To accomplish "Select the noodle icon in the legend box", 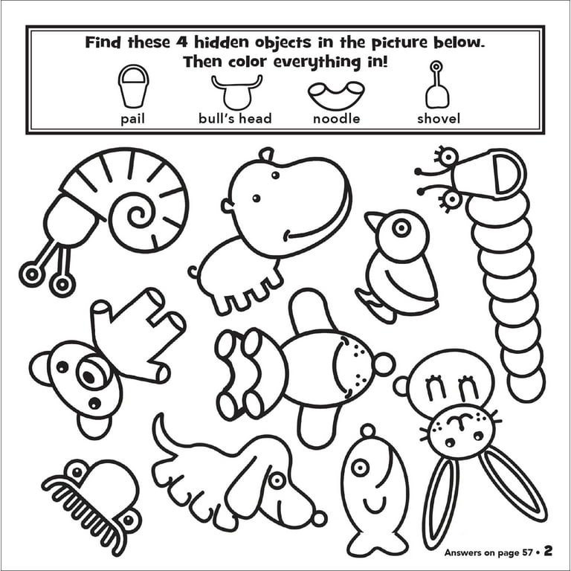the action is tap(336, 95).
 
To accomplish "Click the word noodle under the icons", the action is tap(337, 119).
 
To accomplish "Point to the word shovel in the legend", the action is tap(439, 119).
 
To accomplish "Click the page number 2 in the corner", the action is tap(548, 551).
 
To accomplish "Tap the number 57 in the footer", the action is tap(527, 552).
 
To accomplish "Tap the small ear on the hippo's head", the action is tap(267, 155).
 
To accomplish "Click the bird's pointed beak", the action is tap(373, 221).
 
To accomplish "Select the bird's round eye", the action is tap(401, 228).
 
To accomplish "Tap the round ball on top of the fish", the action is tap(368, 430).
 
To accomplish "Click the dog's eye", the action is tap(277, 480).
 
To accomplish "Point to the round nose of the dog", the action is tap(319, 518).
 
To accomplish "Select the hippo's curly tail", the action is tap(193, 272).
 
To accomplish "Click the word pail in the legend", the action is tap(132, 119).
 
